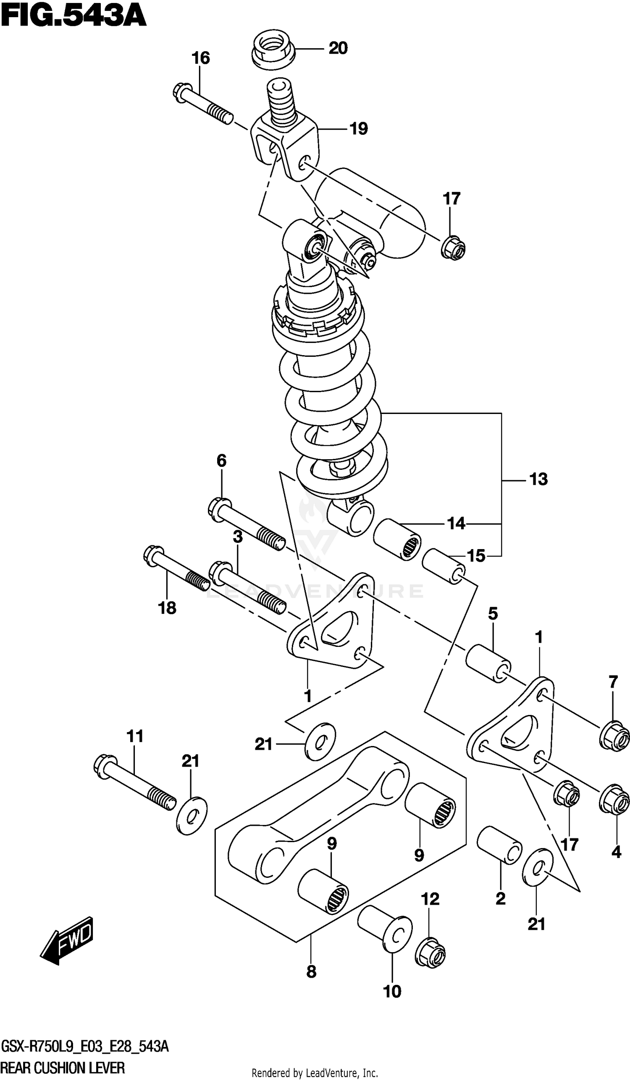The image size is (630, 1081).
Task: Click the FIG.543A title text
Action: click(x=73, y=17)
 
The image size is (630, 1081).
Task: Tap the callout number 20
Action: click(x=338, y=48)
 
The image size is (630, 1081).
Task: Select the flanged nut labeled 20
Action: click(x=273, y=50)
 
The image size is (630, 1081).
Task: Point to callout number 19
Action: click(x=358, y=129)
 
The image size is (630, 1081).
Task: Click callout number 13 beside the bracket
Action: click(x=538, y=479)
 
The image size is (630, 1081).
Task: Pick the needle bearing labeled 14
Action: click(x=397, y=539)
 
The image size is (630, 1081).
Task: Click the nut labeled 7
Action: click(x=614, y=735)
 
